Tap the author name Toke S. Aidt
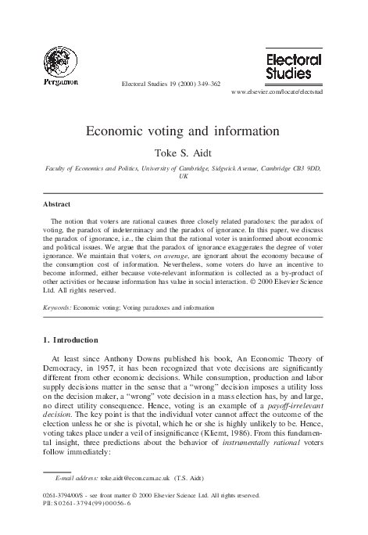(x=184, y=153)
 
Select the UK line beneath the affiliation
(x=184, y=178)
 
